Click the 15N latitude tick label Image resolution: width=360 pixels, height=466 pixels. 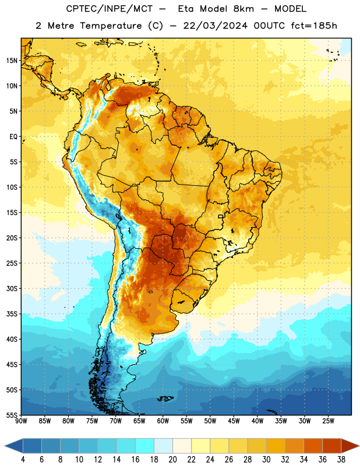pos(12,61)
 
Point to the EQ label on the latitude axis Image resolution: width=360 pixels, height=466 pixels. pos(13,137)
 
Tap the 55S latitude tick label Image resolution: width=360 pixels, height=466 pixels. pos(12,415)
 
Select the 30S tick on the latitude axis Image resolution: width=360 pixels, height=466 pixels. pos(12,288)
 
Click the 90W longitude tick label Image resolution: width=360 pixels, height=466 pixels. pos(21,421)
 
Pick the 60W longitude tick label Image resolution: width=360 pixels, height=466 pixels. pos(163,421)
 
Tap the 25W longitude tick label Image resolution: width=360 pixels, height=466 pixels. pos(328,421)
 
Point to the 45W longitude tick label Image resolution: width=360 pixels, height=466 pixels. pos(234,421)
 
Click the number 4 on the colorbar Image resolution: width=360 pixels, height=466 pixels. pos(23,460)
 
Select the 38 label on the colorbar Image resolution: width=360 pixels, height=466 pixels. pos(341,460)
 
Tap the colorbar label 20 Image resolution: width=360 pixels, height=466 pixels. pos(172,460)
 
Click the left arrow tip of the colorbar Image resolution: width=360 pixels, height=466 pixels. pos(5,446)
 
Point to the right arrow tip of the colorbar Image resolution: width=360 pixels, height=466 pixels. pos(359,446)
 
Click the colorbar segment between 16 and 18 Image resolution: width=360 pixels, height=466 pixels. pos(145,446)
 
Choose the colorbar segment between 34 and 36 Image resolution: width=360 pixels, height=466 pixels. pos(313,446)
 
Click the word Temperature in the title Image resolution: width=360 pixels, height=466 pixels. pos(111,26)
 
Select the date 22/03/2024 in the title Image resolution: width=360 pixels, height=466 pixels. pos(215,26)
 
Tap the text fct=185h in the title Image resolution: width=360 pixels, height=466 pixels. pos(314,26)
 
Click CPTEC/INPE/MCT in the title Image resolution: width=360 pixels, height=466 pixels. pos(110,9)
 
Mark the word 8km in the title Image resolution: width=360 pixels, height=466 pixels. pos(243,9)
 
